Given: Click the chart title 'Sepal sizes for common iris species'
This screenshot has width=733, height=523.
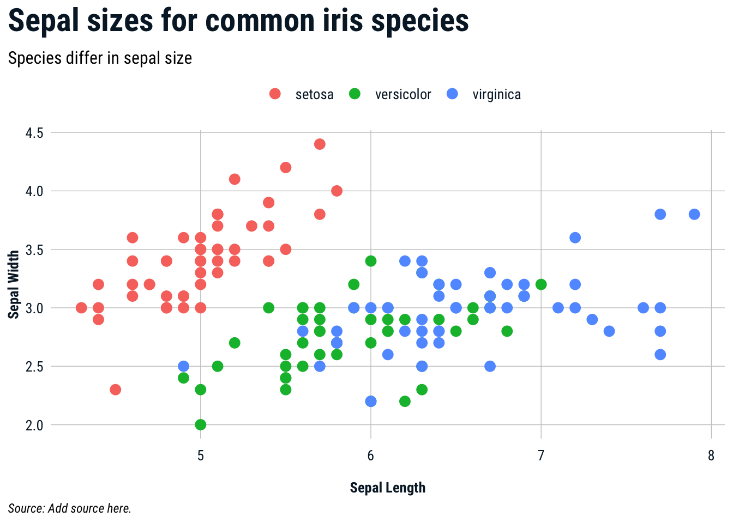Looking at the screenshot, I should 238,22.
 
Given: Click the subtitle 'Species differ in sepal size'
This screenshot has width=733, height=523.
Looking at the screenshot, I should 100,58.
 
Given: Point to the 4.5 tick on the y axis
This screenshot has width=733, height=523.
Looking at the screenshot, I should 34,133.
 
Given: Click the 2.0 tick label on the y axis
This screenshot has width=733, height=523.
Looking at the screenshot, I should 34,425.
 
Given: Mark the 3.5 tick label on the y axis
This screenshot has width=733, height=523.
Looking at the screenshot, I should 34,250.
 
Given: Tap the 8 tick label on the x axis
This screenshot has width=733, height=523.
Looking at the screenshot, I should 711,455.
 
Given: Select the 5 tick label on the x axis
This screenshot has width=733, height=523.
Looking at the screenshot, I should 201,455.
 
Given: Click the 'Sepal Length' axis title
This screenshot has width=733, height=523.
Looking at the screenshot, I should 387,488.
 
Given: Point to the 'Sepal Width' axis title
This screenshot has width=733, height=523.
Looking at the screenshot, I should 14,284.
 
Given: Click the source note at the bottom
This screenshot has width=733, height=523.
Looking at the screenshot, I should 70,508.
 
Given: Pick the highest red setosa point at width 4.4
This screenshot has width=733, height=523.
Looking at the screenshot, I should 320,144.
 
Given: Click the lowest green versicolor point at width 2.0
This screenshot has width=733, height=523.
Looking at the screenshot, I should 201,424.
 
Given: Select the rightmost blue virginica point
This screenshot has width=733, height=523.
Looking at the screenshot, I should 694,214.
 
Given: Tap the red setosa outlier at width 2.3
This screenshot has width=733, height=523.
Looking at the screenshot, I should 115,390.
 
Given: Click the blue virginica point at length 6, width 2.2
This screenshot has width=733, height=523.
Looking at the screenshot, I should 371,402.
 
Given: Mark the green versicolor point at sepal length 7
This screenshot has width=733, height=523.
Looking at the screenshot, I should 541,284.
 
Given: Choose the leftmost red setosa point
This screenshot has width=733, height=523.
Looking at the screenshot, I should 81,308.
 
